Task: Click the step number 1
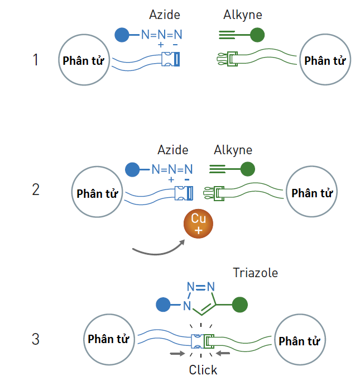(x=36, y=59)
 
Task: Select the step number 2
(x=36, y=189)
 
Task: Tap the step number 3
(x=36, y=339)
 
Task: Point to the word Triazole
(x=255, y=273)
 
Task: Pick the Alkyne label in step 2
(x=233, y=150)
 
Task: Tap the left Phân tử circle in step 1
(x=83, y=60)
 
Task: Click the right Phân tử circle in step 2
(x=312, y=193)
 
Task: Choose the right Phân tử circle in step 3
(x=299, y=341)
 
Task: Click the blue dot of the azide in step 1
(x=122, y=35)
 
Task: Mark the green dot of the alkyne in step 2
(x=248, y=168)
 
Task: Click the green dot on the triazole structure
(x=240, y=305)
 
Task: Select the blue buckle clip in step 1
(x=170, y=59)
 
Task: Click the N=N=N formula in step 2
(x=172, y=169)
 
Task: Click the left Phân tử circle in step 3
(x=108, y=339)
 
